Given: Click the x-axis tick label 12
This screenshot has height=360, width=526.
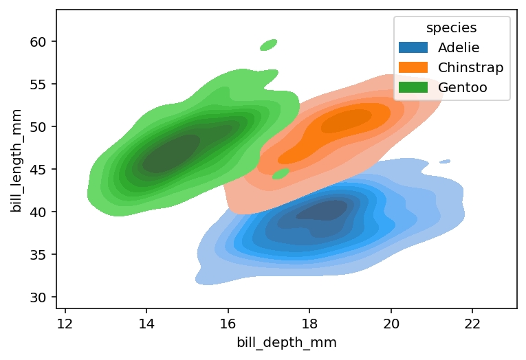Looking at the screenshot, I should click(x=65, y=324).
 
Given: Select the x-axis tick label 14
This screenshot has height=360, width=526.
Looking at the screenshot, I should click(x=146, y=324).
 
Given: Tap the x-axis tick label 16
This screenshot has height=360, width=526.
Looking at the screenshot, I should click(x=228, y=324).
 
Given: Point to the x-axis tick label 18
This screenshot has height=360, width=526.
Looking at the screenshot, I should click(x=309, y=324).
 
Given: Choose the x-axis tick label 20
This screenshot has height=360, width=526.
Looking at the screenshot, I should click(x=391, y=324).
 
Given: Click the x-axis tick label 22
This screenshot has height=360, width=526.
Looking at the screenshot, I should click(x=472, y=324).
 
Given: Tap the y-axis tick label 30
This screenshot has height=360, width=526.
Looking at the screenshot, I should click(x=39, y=297).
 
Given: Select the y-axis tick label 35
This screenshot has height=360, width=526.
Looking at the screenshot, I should click(x=39, y=255).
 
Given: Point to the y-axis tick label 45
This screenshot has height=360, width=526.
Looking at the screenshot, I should click(x=39, y=170).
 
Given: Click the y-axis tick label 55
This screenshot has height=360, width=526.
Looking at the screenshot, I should click(x=39, y=85).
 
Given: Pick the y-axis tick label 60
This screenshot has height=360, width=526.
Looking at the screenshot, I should click(x=39, y=42).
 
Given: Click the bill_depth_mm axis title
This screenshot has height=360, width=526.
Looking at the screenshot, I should click(x=286, y=343).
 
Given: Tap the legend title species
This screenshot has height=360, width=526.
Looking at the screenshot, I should click(x=451, y=28).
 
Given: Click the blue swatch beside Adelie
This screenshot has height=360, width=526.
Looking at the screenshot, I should click(x=413, y=48).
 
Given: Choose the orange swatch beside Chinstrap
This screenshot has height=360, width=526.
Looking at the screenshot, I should click(x=413, y=67).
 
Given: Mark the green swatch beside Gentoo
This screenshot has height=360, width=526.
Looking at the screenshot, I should click(x=413, y=87).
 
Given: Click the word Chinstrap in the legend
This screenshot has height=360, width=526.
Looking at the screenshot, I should click(x=470, y=67).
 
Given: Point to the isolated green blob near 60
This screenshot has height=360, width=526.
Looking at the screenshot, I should click(x=268, y=45).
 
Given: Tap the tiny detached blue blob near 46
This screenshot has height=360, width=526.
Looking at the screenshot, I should click(x=445, y=161).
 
